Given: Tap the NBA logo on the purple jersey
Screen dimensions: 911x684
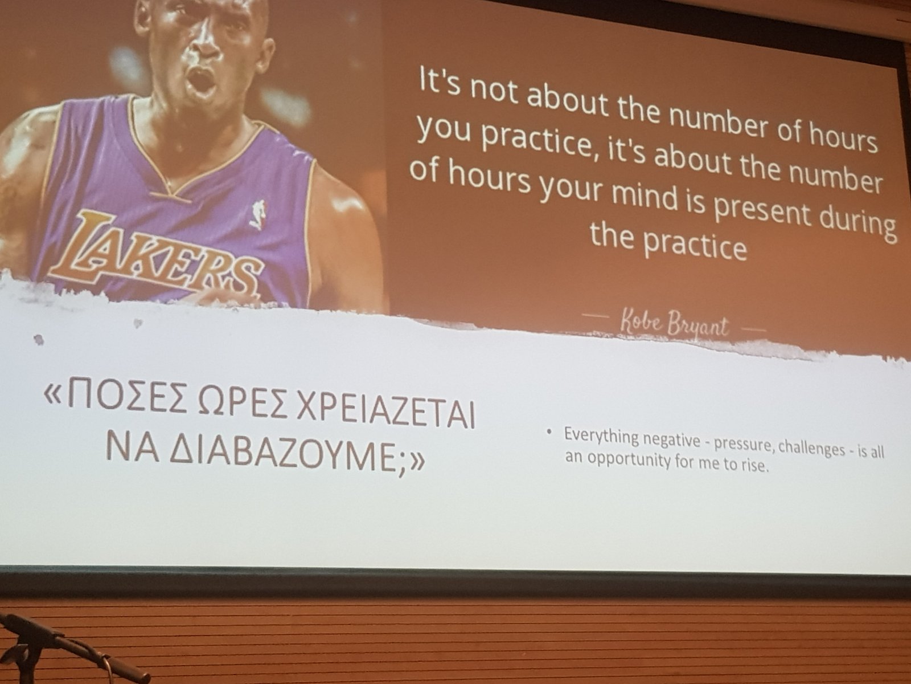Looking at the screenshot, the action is click(258, 214).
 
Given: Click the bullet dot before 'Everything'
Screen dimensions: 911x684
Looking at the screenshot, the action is click(549, 432).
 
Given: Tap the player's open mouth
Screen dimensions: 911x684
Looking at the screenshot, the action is click(202, 80).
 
